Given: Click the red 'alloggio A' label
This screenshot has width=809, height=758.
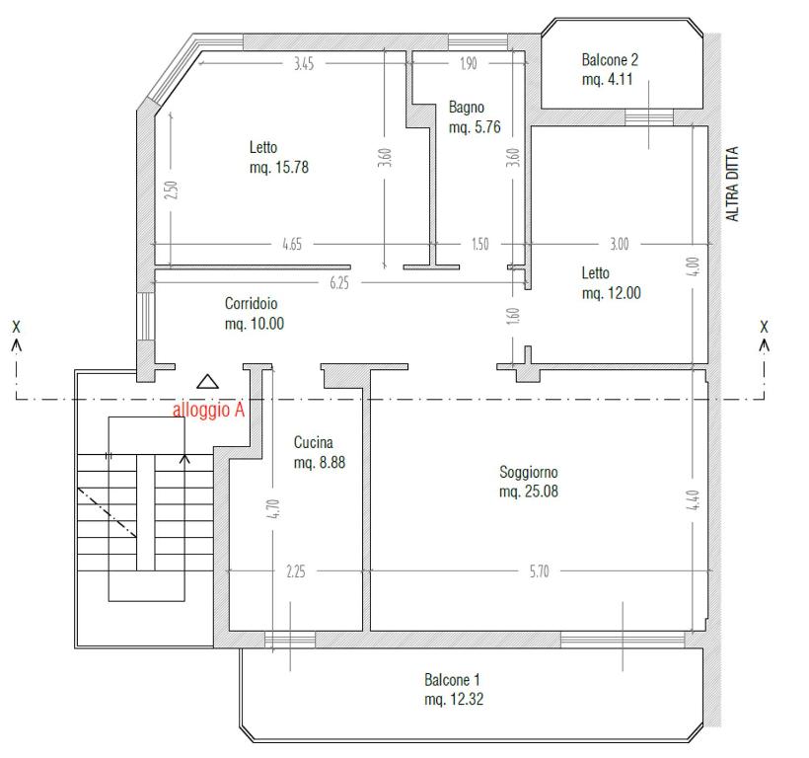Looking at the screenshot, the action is (x=208, y=410).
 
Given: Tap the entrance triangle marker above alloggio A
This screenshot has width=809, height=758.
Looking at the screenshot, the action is (x=207, y=381).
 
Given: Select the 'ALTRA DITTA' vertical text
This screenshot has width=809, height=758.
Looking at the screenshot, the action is (x=732, y=185).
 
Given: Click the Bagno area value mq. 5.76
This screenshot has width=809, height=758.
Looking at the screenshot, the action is (x=475, y=127).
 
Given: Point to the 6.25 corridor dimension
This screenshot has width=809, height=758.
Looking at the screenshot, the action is (x=339, y=282).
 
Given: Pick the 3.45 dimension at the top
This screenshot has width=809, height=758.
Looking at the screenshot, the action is (x=304, y=63).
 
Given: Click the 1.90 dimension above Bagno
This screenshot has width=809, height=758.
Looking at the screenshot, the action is (x=469, y=63).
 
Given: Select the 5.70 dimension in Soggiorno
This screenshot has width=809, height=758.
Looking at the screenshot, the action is (x=539, y=571).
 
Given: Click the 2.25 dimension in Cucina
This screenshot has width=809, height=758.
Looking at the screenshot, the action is (x=296, y=571).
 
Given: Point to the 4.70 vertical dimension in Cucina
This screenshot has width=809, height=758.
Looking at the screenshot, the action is (x=273, y=508).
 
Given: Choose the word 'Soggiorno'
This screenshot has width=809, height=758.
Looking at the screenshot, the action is (x=529, y=472).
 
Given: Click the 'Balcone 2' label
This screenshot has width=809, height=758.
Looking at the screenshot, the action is (x=610, y=60).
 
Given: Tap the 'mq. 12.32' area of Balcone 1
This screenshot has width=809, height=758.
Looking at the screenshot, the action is (x=454, y=699).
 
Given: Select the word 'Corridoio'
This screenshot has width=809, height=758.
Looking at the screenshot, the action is (x=252, y=303).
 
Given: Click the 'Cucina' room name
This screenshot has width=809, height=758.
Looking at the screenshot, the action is (x=313, y=442).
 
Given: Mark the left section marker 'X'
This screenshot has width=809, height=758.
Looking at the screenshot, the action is (x=17, y=327).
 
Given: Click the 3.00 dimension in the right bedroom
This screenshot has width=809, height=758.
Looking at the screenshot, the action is (x=620, y=244).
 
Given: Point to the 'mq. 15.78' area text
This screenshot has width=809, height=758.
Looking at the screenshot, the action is (x=279, y=167).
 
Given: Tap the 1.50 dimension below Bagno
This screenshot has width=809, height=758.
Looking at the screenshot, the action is (x=479, y=244).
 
